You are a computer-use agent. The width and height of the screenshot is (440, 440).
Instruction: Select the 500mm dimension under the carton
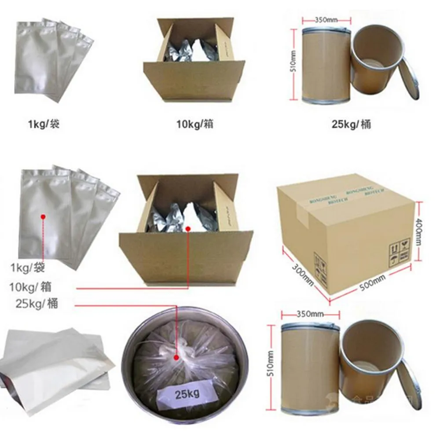373,282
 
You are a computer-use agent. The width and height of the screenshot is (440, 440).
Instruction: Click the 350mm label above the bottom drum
310,314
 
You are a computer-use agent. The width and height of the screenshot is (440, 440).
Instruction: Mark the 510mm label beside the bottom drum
271,362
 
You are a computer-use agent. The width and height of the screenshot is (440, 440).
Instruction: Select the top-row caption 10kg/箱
194,125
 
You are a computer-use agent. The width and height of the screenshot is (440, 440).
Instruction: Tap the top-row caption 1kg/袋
44,125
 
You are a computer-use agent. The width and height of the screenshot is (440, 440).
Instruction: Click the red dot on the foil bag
43,216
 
